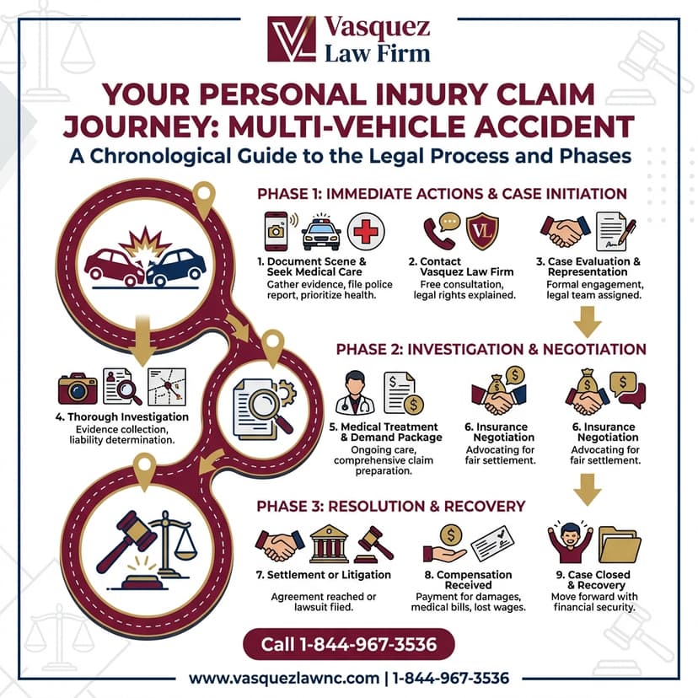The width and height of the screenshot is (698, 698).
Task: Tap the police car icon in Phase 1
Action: (321, 232)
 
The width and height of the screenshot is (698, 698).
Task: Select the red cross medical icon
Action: (365, 231)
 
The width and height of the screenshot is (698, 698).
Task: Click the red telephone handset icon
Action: (438, 233)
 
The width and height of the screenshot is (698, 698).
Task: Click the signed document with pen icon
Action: (616, 232)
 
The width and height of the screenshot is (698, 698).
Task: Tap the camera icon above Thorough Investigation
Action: (78, 388)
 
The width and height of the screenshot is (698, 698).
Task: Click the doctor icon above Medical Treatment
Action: (354, 391)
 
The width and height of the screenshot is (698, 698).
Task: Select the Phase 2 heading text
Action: (491, 349)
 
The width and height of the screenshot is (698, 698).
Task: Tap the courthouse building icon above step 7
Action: (330, 545)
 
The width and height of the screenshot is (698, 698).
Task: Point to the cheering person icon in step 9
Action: (570, 543)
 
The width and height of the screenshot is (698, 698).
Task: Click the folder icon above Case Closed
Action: (619, 545)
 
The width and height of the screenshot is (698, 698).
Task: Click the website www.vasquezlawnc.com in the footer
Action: (283, 678)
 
